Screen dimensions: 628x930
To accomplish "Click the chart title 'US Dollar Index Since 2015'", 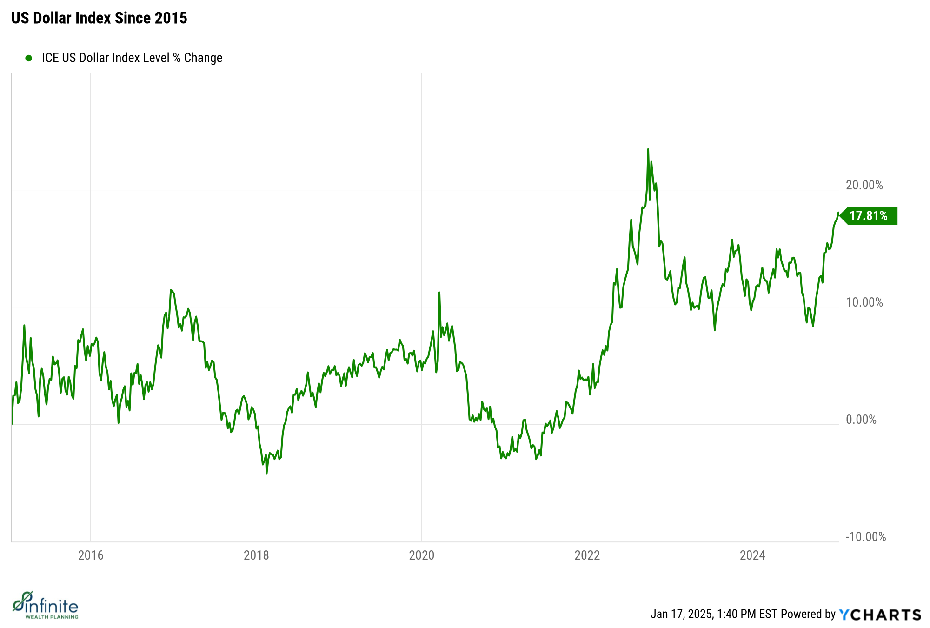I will pyautogui.click(x=99, y=18).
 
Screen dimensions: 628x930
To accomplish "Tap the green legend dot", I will pyautogui.click(x=28, y=58).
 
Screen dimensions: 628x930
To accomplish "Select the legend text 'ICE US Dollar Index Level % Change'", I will pyautogui.click(x=132, y=58).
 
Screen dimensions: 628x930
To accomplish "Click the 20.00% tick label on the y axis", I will pyautogui.click(x=864, y=185).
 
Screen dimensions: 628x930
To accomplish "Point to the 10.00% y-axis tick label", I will pyautogui.click(x=864, y=302).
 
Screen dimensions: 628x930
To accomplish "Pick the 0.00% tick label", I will pyautogui.click(x=861, y=420).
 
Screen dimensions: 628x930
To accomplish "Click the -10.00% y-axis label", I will pyautogui.click(x=865, y=537).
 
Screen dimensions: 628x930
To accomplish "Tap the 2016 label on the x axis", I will pyautogui.click(x=91, y=555).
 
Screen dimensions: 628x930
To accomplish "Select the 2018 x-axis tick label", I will pyautogui.click(x=256, y=555).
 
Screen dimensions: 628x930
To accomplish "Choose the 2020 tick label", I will pyautogui.click(x=421, y=555).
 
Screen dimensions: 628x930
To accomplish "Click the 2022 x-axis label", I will pyautogui.click(x=587, y=555).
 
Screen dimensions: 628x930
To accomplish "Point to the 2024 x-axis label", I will pyautogui.click(x=752, y=555).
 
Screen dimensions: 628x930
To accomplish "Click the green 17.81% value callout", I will pyautogui.click(x=868, y=216).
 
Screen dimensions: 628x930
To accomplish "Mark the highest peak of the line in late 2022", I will pyautogui.click(x=648, y=150).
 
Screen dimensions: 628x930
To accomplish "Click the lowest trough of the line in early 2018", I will pyautogui.click(x=266, y=473).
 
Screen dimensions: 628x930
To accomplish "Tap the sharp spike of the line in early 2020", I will pyautogui.click(x=439, y=293).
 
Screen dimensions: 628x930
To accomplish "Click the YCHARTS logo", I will pyautogui.click(x=880, y=615).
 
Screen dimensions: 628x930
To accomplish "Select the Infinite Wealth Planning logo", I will pyautogui.click(x=46, y=606).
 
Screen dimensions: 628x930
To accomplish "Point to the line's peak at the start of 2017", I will pyautogui.click(x=171, y=290).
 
